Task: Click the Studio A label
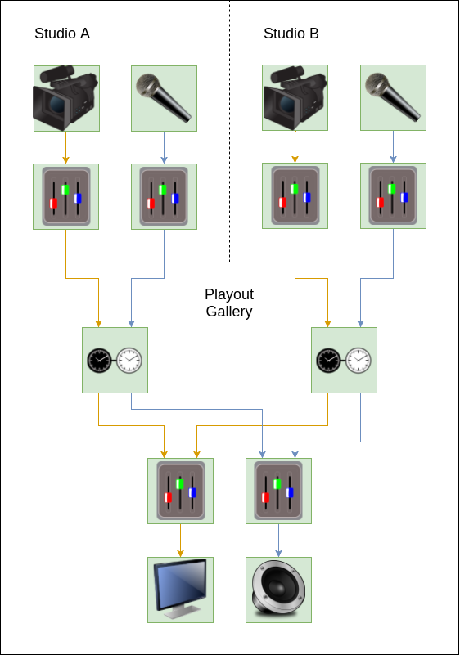coord(62,34)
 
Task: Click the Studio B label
coord(291,34)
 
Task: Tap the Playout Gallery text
coord(229,303)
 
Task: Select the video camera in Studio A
coord(65,98)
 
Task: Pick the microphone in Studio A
coord(164,98)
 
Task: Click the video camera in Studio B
coord(295,97)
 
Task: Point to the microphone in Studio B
coord(393,97)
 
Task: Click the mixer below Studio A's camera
coord(66,196)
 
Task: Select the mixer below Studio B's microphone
coord(393,195)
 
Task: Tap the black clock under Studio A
coord(100,360)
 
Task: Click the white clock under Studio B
coord(359,360)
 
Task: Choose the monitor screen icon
coord(181,589)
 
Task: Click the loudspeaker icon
coord(278,589)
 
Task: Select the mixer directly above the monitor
coord(181,491)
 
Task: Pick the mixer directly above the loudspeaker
coord(278,491)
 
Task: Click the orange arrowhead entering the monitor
coord(181,554)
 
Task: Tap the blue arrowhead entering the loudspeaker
coord(278,554)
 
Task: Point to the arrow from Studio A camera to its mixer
coord(65,147)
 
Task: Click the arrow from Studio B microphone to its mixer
coord(393,146)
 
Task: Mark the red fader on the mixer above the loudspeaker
coord(265,497)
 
